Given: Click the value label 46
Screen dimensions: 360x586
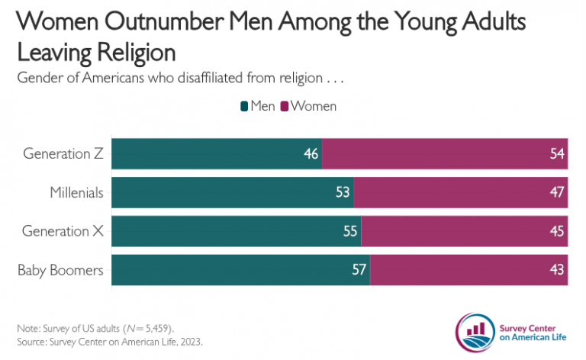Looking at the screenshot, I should (x=311, y=154).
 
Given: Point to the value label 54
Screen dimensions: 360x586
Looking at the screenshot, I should (x=556, y=154).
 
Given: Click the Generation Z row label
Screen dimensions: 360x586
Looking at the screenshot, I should (x=63, y=154).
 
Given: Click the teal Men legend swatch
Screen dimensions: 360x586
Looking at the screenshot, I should (x=244, y=106).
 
